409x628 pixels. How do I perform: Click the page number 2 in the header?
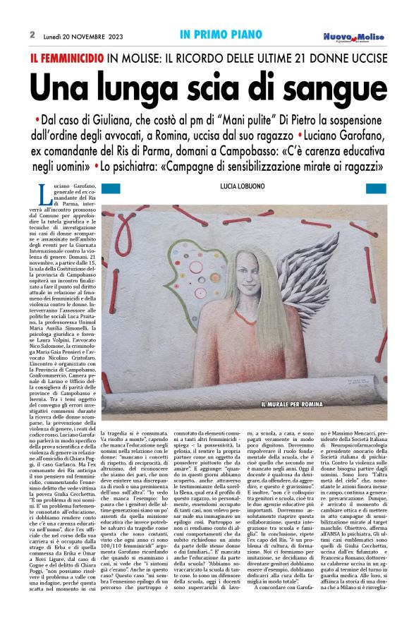click(32, 34)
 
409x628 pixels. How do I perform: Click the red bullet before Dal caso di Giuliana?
click(37, 117)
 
